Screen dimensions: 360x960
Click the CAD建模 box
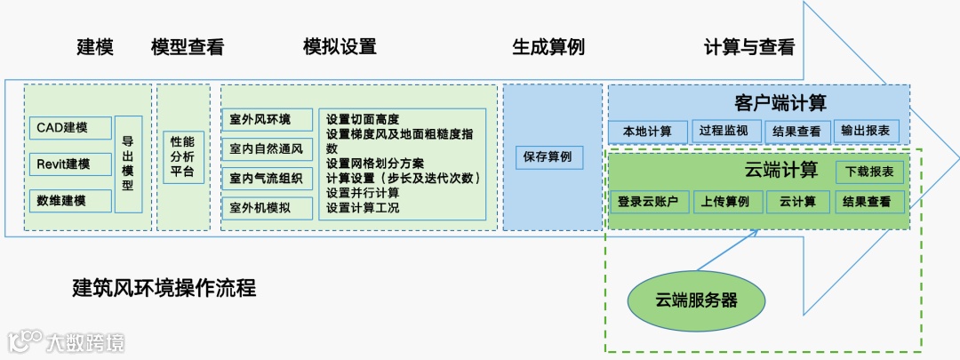click(x=70, y=128)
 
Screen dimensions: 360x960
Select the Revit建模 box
click(x=70, y=164)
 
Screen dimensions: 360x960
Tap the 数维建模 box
click(x=70, y=201)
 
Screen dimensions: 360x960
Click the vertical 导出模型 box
click(x=128, y=164)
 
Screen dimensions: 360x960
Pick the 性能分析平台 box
click(x=182, y=156)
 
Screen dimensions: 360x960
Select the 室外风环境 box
click(x=268, y=120)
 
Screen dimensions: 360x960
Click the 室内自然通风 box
click(x=268, y=149)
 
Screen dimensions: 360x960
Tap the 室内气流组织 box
click(x=268, y=179)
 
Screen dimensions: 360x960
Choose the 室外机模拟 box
click(x=268, y=208)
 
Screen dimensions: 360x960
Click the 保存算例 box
click(x=548, y=157)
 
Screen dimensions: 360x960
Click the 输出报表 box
click(x=867, y=132)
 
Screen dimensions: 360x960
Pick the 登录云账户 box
click(x=647, y=202)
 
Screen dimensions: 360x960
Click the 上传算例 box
click(x=724, y=202)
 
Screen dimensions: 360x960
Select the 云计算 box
click(x=797, y=202)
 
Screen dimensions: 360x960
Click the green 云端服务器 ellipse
click(x=696, y=300)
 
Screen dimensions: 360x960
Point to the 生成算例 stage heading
click(x=548, y=46)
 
